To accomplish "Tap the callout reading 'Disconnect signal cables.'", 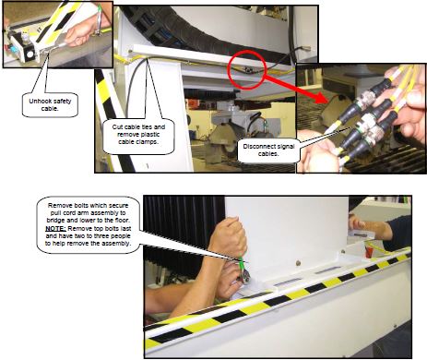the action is [x=268, y=150].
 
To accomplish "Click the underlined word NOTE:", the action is [x=55, y=229].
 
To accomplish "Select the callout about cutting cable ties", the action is [x=138, y=135].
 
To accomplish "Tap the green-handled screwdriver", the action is [x=243, y=268].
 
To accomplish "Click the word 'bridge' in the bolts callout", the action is [x=55, y=221].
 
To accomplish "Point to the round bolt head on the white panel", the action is [x=297, y=263].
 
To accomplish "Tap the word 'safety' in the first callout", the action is [x=63, y=101].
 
